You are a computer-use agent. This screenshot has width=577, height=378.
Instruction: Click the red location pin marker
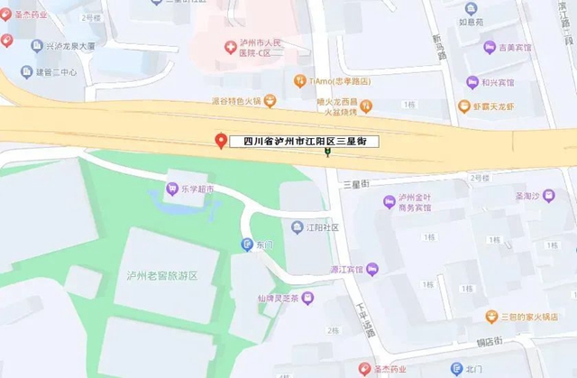pyautogui.click(x=221, y=142)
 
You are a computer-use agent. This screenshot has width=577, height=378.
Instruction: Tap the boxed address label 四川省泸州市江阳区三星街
pyautogui.click(x=304, y=142)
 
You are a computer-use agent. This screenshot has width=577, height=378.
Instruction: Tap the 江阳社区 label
pyautogui.click(x=321, y=227)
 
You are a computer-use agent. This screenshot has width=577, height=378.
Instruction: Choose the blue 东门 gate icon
pyautogui.click(x=246, y=244)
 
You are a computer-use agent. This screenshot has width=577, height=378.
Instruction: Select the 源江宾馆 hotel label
pyautogui.click(x=346, y=269)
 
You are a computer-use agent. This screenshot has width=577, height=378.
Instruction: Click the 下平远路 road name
pyautogui.click(x=366, y=317)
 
